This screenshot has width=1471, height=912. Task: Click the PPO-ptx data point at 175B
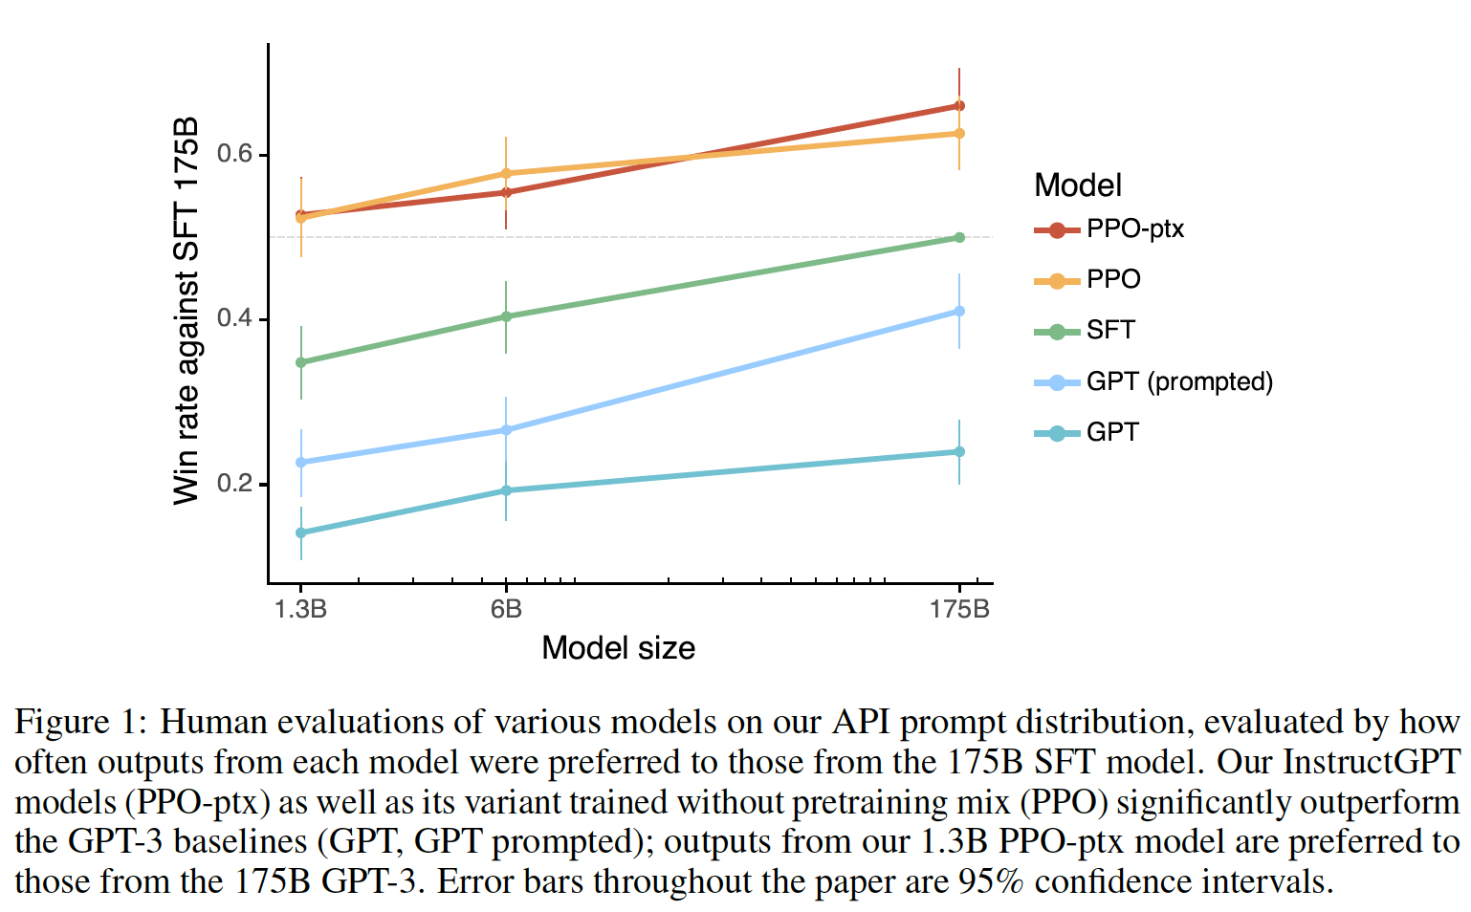coord(959,106)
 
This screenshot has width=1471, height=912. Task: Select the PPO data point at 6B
coord(506,174)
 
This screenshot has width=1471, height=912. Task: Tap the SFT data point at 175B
coord(959,237)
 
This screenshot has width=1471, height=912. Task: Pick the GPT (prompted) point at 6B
coord(506,430)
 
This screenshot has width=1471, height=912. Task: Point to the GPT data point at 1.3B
coord(301,532)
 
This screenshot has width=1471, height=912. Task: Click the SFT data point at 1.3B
coord(301,362)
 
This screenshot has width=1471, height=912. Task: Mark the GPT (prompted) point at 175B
coord(959,312)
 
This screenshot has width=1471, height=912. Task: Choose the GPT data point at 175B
coord(959,452)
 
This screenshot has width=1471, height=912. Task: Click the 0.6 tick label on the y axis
coord(234,154)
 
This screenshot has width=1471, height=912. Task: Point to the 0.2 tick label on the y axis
coord(234,484)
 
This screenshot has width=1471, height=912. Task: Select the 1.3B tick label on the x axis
coord(300,609)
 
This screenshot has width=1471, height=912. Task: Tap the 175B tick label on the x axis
coord(959,609)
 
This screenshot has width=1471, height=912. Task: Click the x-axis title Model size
coord(618,648)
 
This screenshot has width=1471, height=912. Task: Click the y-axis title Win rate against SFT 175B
coord(187,311)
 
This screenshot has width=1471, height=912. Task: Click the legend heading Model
coord(1078,185)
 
